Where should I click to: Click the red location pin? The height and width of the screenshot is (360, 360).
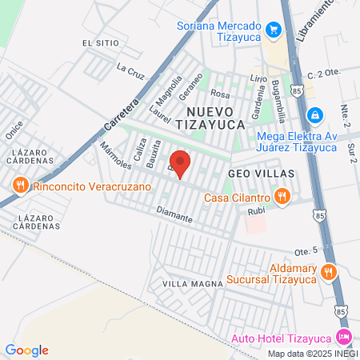click(180, 163)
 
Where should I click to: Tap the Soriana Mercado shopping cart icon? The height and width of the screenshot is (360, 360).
click(274, 30)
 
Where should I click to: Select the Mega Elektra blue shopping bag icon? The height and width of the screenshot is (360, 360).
click(316, 115)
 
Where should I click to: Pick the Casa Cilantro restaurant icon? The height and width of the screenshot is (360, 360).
click(282, 196)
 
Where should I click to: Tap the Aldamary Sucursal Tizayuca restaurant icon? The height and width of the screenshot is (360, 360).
click(327, 273)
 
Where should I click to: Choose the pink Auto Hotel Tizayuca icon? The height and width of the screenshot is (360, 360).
click(345, 336)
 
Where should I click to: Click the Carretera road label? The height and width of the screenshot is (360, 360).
click(121, 114)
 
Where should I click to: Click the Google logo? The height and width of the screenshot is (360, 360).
click(26, 350)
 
